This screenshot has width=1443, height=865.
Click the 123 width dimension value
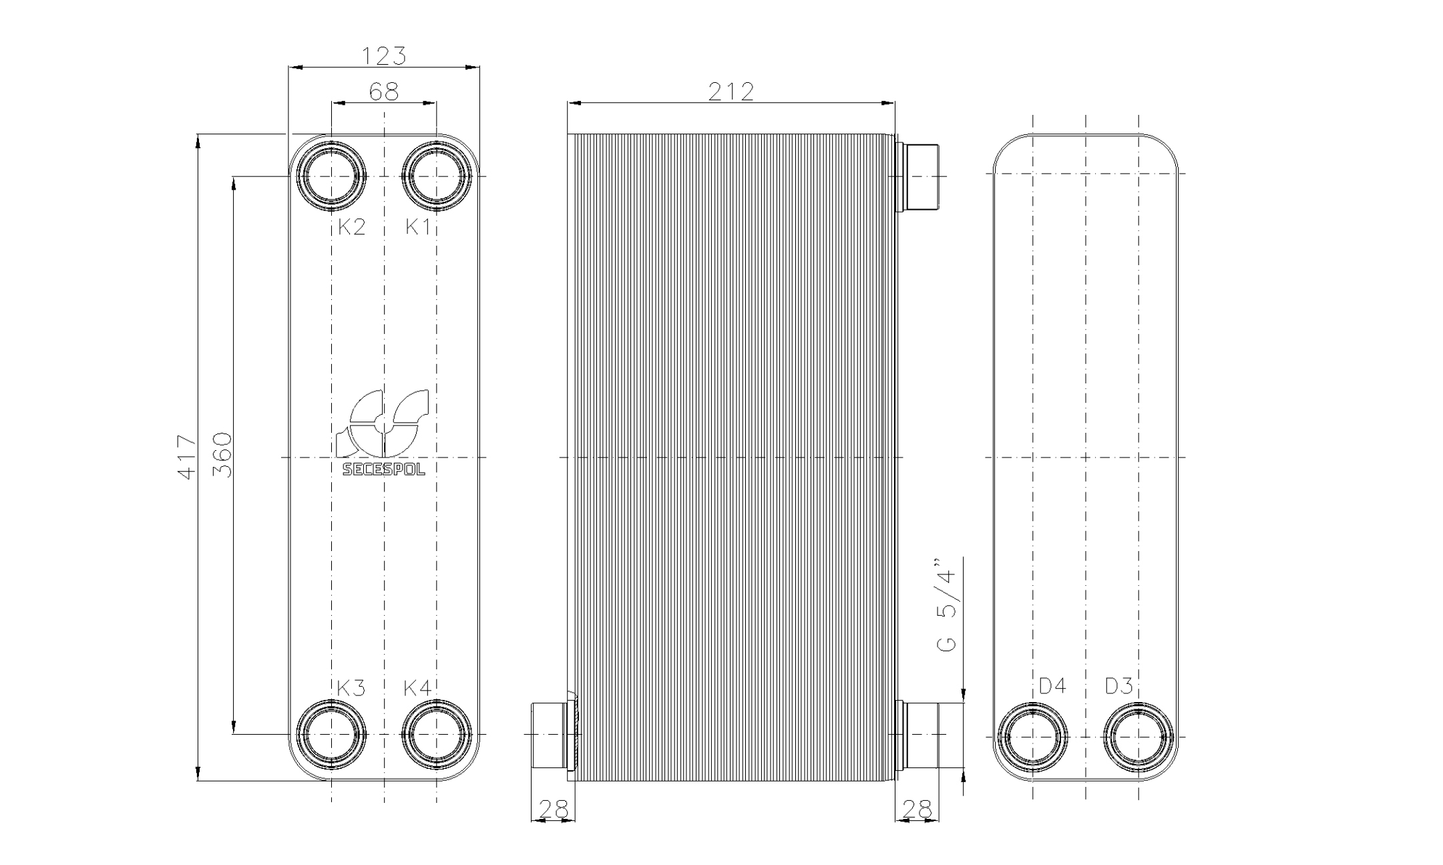[383, 56]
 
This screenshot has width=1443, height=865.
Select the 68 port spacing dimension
[383, 92]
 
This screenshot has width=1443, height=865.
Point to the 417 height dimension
[187, 457]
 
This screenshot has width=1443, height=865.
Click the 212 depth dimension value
[731, 92]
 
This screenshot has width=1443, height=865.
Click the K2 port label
[351, 227]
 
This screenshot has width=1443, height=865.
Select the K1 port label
[418, 227]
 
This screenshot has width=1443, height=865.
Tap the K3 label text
[351, 688]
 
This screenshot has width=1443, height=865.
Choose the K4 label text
[418, 688]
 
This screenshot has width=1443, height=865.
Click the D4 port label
[1052, 686]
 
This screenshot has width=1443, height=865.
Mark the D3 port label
[1118, 686]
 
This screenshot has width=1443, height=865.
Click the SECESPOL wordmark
[383, 470]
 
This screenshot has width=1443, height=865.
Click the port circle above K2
[331, 176]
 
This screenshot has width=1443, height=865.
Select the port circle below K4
[437, 734]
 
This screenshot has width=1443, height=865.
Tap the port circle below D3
[1139, 737]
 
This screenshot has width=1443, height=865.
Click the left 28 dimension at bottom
[553, 809]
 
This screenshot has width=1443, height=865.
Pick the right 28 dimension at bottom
[916, 809]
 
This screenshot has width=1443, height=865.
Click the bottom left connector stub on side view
[550, 734]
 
